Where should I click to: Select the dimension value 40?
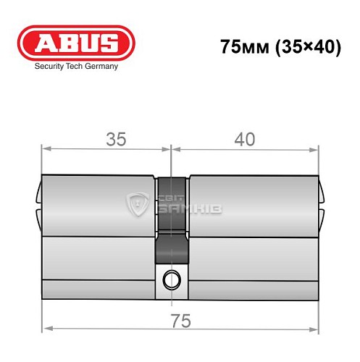pos(246,140)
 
